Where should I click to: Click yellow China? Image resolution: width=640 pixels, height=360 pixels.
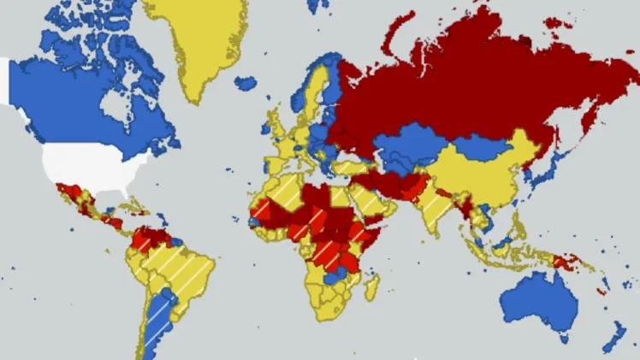479,171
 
